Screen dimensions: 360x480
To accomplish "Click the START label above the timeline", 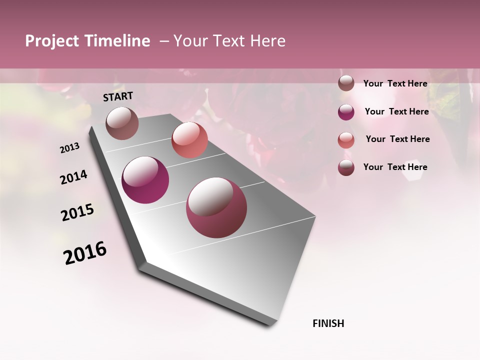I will coord(118,96).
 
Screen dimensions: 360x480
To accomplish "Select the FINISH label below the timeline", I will coord(328,323).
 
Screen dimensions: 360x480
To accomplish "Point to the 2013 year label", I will coord(70,148).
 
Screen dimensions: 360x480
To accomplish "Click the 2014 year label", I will coord(74,177).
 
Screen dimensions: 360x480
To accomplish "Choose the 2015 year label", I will coord(77,212).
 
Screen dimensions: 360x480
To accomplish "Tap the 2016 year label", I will coord(85,253).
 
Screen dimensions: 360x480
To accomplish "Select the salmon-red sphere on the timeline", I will coord(189,140).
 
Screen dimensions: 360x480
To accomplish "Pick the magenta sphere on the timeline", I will coord(145,180).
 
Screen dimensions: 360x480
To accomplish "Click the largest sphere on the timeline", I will coord(216,207).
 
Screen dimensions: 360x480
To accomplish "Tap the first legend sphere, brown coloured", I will coord(346,83).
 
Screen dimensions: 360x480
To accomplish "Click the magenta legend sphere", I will coord(346,112).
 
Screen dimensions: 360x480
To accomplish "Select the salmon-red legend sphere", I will coord(346,140).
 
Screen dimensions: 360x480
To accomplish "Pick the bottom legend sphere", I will coord(346,167).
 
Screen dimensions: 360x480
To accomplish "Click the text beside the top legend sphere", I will coord(395,83).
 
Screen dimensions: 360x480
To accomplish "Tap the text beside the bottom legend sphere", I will coord(395,167).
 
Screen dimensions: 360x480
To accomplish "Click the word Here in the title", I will coord(267,41).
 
